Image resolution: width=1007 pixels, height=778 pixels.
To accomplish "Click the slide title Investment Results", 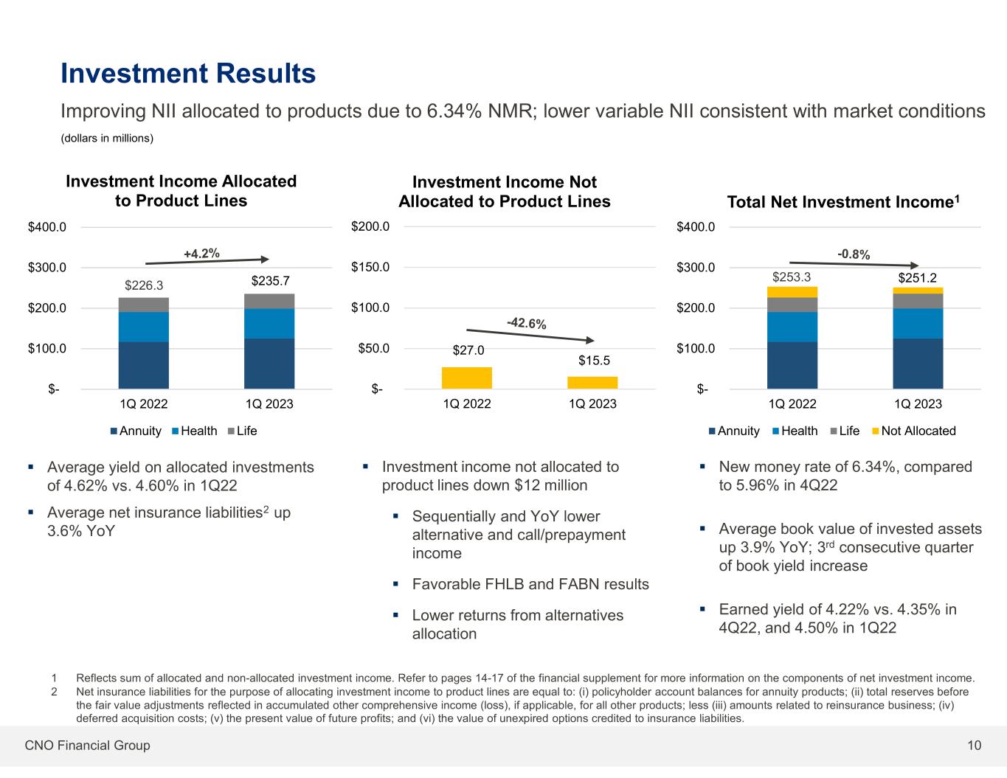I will [188, 74].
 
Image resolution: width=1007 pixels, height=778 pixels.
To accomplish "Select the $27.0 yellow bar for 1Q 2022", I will [466, 378].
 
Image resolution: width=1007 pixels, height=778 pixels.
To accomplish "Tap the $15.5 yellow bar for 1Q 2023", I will [592, 383].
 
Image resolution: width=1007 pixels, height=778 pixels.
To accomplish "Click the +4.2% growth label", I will [201, 254].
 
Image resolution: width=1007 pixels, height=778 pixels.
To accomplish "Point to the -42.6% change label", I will [526, 323].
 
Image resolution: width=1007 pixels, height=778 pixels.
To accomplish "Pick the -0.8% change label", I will [854, 254].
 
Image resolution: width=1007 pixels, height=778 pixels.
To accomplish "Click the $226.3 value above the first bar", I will [144, 285].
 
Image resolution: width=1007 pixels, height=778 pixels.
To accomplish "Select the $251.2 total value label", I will [918, 277].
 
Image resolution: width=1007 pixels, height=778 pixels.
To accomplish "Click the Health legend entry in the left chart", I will [194, 431].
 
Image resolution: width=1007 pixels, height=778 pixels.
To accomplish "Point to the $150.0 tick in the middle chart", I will [371, 267].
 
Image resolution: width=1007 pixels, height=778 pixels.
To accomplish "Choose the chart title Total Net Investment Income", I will [843, 202].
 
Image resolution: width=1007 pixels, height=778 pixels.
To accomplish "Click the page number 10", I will [975, 746].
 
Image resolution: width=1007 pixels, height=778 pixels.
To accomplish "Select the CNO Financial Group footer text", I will [87, 746].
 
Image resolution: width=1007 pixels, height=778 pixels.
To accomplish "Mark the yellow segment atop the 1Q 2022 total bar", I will [792, 292].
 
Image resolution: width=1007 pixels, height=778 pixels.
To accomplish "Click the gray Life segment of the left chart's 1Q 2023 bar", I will [269, 301].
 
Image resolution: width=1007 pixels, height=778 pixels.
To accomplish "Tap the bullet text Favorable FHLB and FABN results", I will [530, 584].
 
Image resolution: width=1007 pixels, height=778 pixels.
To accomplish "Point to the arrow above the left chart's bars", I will [207, 260].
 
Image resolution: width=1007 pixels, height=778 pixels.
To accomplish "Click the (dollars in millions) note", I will [106, 139].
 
